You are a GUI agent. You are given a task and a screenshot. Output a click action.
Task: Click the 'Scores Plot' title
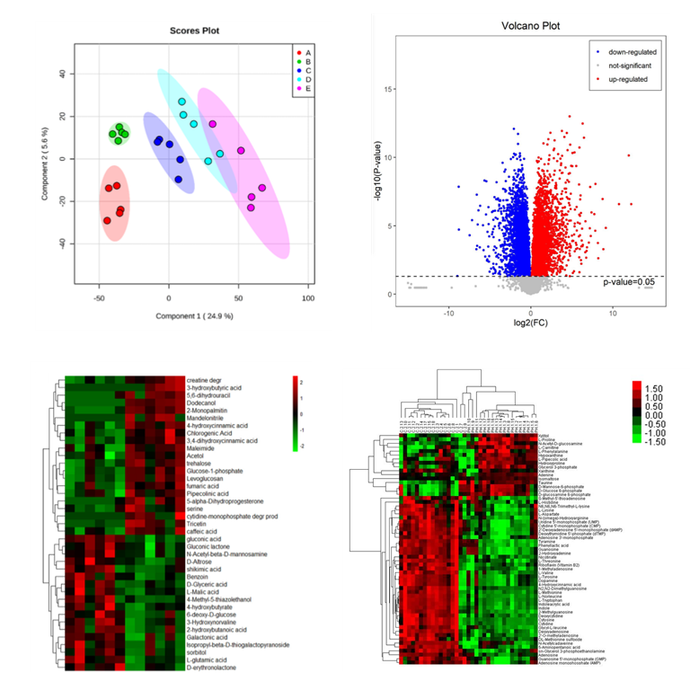coord(195,31)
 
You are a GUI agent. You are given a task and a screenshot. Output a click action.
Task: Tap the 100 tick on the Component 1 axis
coord(307,297)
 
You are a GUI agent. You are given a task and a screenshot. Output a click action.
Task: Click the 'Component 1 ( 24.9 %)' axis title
coord(194,316)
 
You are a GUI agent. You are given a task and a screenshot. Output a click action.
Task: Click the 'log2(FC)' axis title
coord(530,321)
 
